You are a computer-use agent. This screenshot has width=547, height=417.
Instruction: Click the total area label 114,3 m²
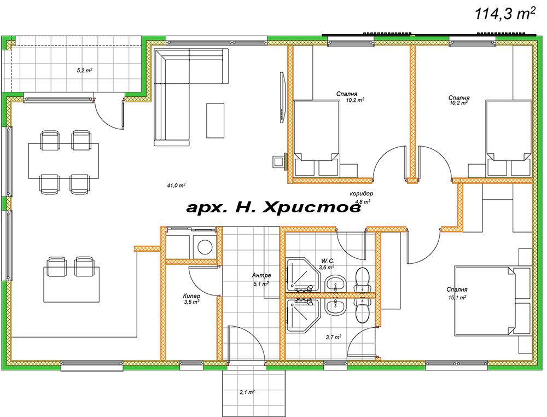(505, 14)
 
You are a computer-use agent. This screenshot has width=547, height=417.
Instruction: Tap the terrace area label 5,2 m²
(84, 71)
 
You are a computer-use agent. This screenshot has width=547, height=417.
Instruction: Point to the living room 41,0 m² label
(176, 186)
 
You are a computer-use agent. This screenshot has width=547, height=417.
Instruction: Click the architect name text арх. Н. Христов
(274, 207)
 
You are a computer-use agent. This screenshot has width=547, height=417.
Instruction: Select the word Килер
(191, 296)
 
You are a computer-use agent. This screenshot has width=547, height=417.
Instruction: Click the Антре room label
(261, 275)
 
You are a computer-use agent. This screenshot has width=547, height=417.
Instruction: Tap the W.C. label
(328, 261)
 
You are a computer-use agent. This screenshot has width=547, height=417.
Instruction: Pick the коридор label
(362, 193)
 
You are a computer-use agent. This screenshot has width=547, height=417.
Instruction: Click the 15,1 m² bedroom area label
(457, 298)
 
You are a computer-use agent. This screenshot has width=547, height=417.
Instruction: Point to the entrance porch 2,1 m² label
(247, 392)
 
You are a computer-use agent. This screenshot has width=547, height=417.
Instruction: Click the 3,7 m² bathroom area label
(334, 338)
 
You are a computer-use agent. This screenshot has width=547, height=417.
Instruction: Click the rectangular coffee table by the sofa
(215, 120)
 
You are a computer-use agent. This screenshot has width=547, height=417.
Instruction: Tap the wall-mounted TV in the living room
(282, 97)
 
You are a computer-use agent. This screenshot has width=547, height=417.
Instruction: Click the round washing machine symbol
(205, 247)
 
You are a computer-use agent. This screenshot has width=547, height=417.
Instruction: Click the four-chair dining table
(63, 161)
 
